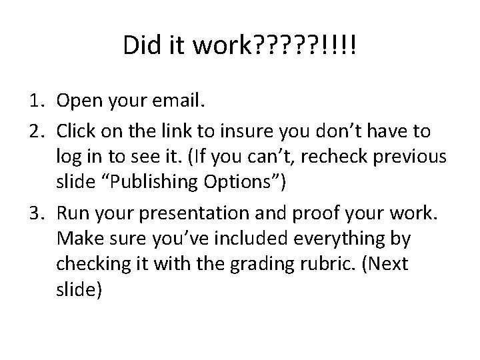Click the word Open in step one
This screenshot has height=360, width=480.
[78, 101]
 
